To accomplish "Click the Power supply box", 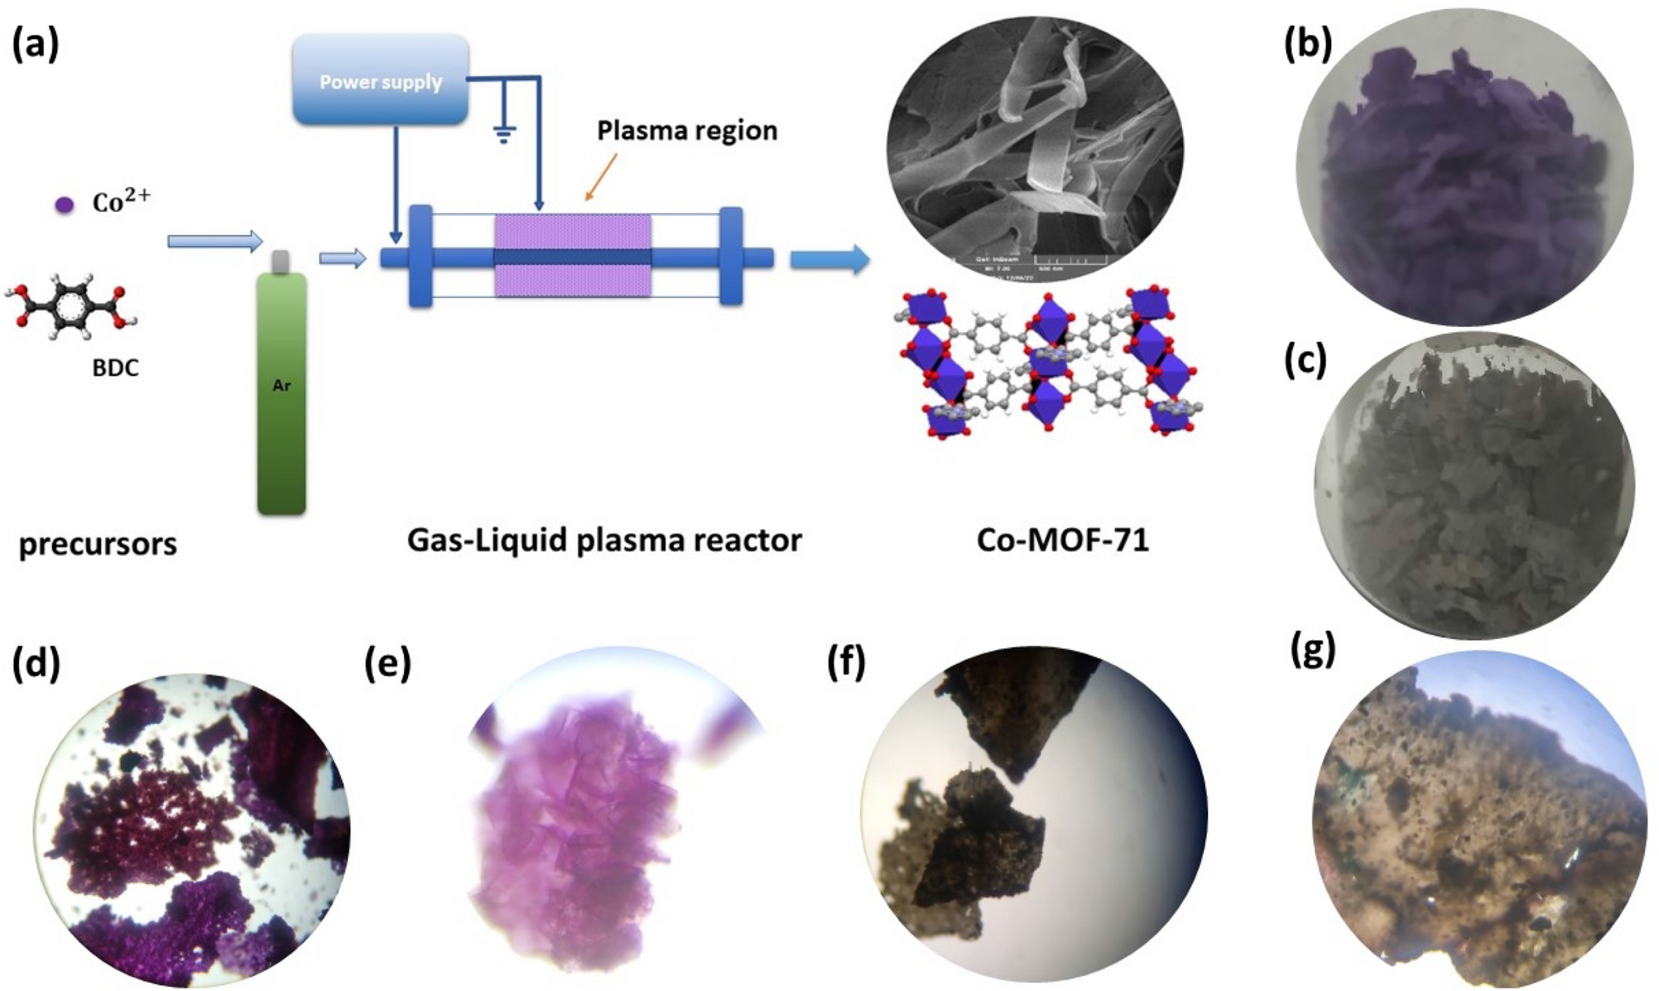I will (x=381, y=80).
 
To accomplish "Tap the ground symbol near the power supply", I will (x=503, y=132).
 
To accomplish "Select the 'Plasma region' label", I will (x=687, y=131).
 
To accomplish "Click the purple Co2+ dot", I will (x=65, y=204).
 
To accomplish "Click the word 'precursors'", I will (x=98, y=544).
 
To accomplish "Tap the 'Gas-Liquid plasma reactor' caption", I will (x=604, y=540).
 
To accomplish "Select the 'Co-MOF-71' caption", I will (x=1062, y=540).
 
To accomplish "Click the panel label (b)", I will (x=1307, y=46).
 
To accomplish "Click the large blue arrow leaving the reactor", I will (x=829, y=259).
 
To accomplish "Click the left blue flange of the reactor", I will (x=421, y=257).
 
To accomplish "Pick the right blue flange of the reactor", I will (x=731, y=257).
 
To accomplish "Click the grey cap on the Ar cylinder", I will (x=281, y=262).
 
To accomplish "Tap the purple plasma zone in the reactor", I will (x=573, y=232).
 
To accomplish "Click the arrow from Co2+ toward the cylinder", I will (x=214, y=241).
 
